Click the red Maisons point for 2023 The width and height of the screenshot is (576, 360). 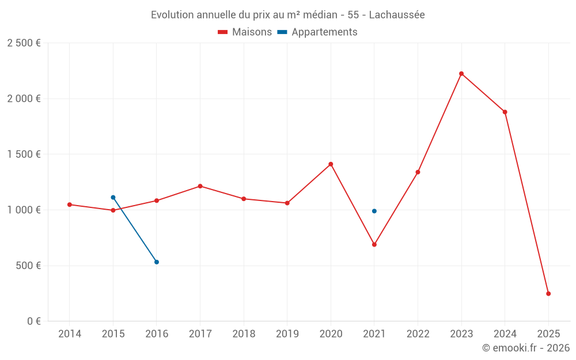pyautogui.click(x=461, y=74)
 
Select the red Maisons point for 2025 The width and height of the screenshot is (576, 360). pyautogui.click(x=548, y=294)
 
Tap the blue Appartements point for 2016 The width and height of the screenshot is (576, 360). pyautogui.click(x=157, y=262)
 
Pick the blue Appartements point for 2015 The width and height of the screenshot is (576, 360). pyautogui.click(x=113, y=198)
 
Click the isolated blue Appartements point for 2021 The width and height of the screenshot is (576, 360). pyautogui.click(x=374, y=211)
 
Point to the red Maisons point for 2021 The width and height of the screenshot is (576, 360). pyautogui.click(x=374, y=245)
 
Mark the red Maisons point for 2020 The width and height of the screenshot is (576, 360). pyautogui.click(x=331, y=164)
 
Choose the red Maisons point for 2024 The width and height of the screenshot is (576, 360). pyautogui.click(x=505, y=112)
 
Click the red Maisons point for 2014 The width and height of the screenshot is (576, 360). pyautogui.click(x=70, y=204)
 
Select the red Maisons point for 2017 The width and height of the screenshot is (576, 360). pyautogui.click(x=200, y=186)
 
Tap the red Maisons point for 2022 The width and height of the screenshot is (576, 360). pyautogui.click(x=418, y=172)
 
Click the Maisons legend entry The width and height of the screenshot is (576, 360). pyautogui.click(x=245, y=32)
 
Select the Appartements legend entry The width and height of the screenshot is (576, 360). pyautogui.click(x=318, y=32)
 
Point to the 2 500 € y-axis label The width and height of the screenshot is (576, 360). pyautogui.click(x=24, y=43)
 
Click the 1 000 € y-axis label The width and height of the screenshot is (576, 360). pyautogui.click(x=24, y=210)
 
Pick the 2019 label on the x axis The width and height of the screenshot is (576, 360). pyautogui.click(x=287, y=334)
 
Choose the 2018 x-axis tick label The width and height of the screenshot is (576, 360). pyautogui.click(x=244, y=334)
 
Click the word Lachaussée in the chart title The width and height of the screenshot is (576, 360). pyautogui.click(x=396, y=15)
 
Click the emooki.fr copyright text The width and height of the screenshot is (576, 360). pyautogui.click(x=526, y=348)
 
